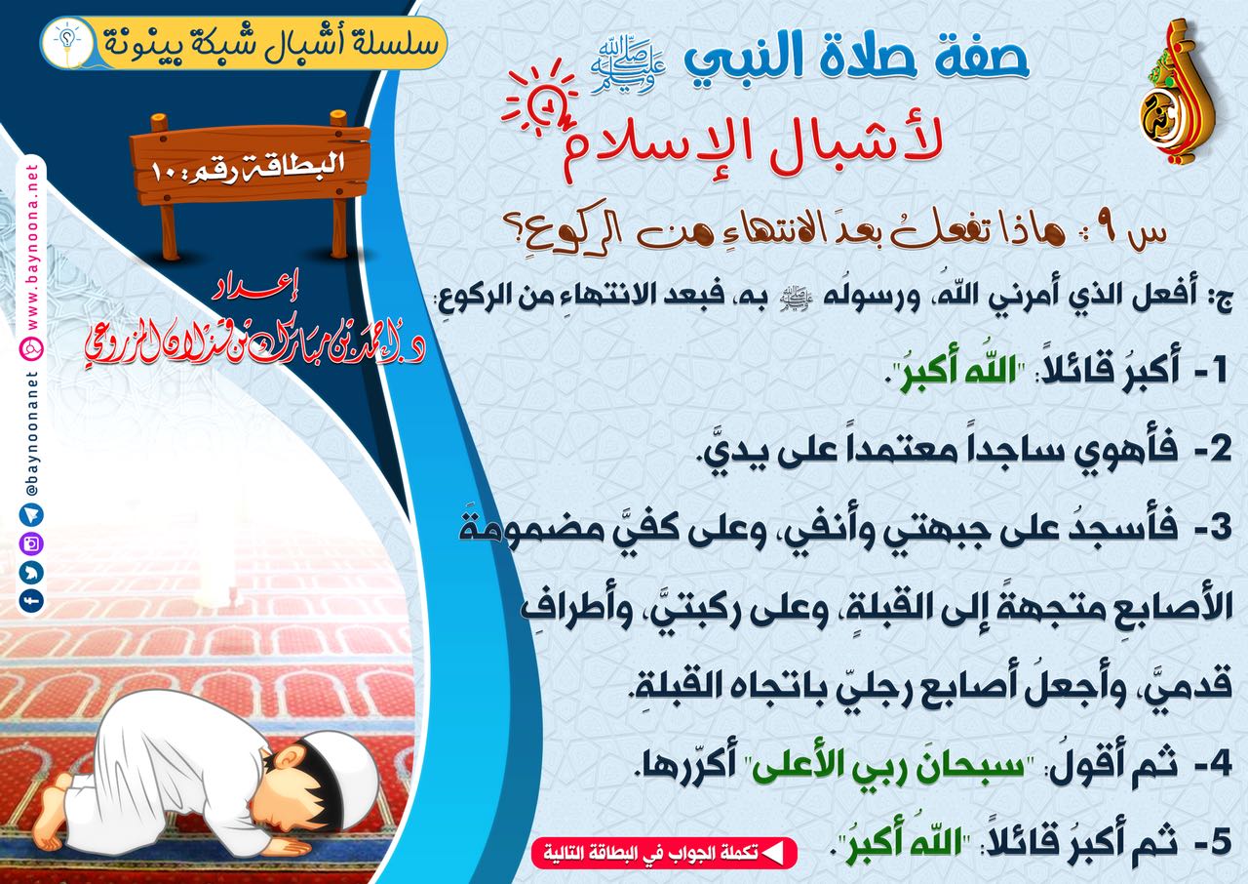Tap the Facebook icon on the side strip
pos(31,601)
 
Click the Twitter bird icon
pos(31,572)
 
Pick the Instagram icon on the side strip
pos(31,542)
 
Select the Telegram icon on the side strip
pos(31,514)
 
